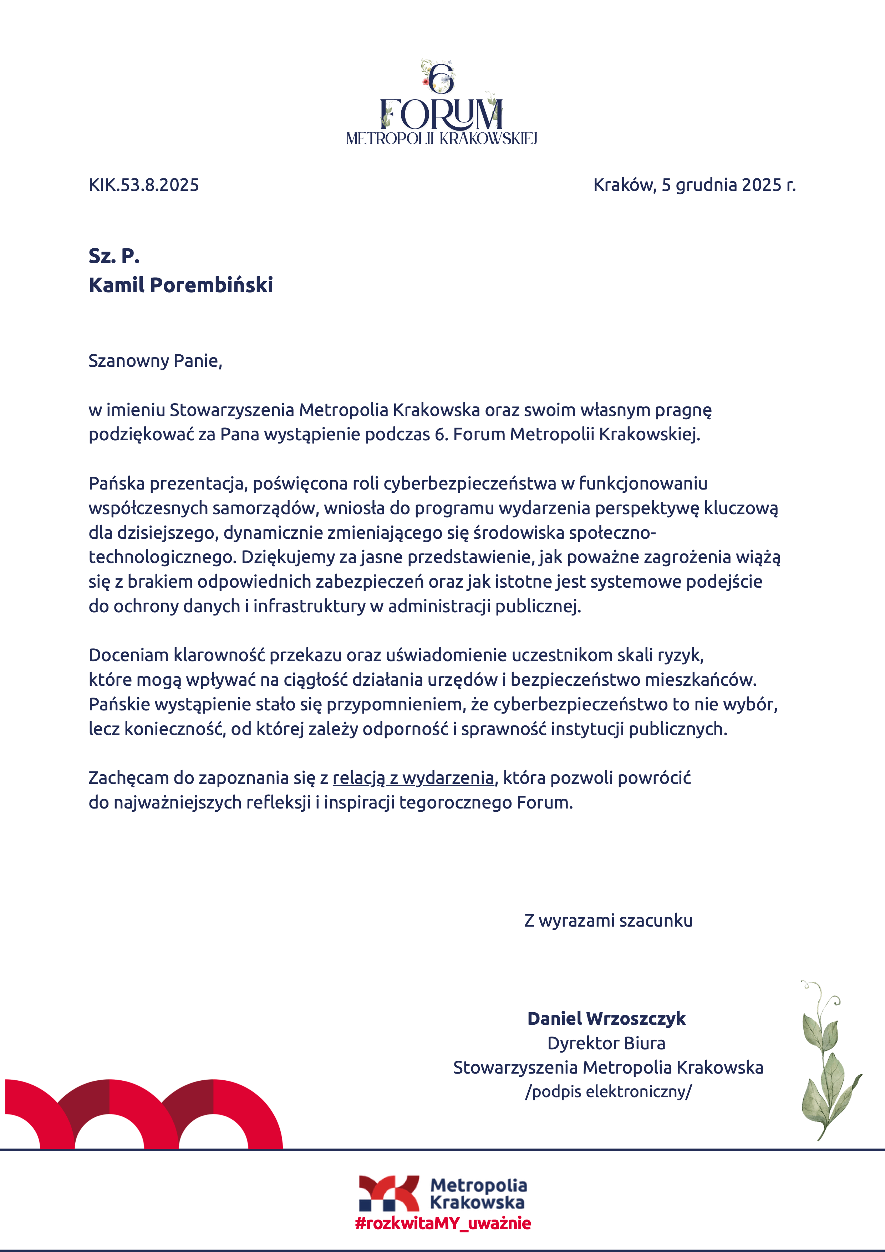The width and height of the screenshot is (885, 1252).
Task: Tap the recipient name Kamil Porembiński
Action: tap(180, 285)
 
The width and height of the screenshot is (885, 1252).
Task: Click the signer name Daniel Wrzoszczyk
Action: tap(606, 1019)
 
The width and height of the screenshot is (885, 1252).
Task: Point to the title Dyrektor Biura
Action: tap(606, 1043)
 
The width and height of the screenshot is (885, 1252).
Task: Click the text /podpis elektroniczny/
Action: tap(608, 1092)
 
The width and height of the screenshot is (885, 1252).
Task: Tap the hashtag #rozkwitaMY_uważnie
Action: tap(443, 1223)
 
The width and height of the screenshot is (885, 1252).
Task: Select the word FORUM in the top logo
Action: tap(441, 115)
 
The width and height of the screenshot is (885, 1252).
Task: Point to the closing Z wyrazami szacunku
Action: tap(608, 921)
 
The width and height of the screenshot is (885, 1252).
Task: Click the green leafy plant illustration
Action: tap(827, 1063)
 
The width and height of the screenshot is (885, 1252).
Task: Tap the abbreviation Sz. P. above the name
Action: tap(114, 256)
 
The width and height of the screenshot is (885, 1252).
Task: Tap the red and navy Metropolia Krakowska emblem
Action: tap(388, 1193)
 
